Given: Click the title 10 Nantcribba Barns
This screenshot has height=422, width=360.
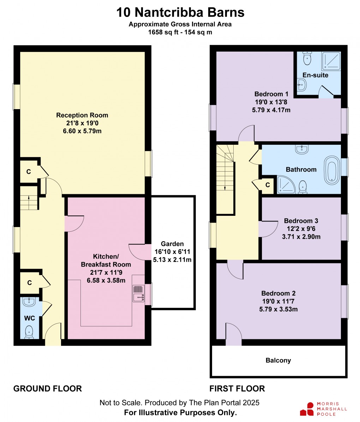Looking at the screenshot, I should click(180, 13).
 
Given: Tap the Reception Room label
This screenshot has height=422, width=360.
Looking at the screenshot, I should click(82, 115).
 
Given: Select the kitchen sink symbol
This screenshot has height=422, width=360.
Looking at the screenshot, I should click(138, 293).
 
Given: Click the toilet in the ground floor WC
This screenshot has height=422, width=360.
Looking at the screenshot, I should click(29, 332).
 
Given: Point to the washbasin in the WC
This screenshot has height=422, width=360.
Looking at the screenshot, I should click(29, 302).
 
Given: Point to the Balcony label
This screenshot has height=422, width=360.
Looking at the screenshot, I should click(278, 361).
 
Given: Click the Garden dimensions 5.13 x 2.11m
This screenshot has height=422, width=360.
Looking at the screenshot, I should click(172, 260).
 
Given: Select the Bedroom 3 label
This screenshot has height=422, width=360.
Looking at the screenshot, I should click(301, 221).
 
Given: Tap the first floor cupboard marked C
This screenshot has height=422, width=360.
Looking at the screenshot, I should click(268, 185).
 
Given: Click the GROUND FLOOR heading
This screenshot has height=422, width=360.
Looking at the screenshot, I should click(48, 388).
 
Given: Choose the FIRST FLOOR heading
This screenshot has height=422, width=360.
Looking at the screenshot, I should click(237, 388).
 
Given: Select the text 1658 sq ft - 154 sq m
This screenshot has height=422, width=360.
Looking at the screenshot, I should click(180, 32).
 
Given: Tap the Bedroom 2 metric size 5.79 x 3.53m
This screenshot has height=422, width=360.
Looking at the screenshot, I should click(278, 309).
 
